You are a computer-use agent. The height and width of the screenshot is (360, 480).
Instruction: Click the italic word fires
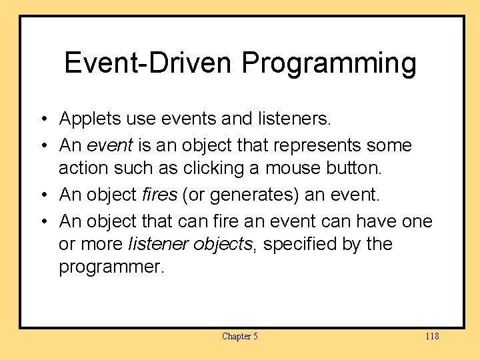(158, 195)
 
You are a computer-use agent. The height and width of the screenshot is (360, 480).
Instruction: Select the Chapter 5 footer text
(239, 336)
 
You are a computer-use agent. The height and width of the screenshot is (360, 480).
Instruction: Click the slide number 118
(432, 336)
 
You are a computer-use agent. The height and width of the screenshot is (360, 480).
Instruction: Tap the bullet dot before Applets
(43, 120)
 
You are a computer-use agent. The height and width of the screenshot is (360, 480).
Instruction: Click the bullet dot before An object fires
(43, 195)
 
